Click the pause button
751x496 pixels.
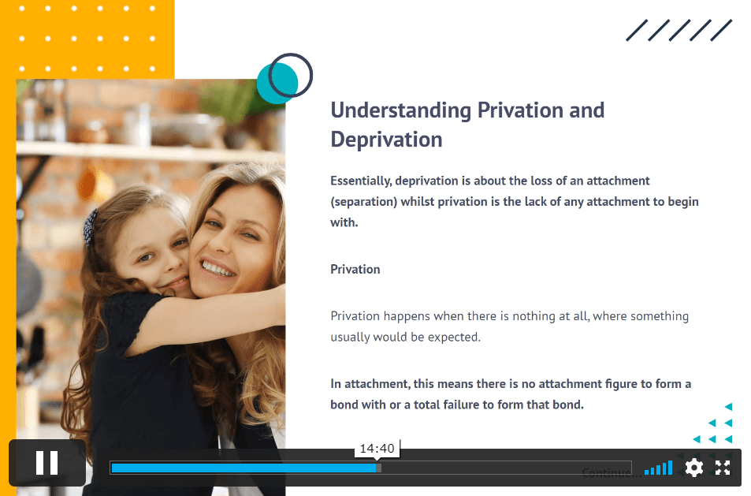coord(47,462)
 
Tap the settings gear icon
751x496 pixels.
coord(694,468)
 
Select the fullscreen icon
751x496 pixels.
coord(723,468)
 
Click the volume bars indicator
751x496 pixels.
coord(659,468)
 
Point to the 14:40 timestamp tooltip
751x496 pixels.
coord(377,449)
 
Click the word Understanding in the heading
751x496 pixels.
coord(401,110)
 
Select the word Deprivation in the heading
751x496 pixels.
coord(386,140)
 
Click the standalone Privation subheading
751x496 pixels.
coord(355,270)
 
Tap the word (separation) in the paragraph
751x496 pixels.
coord(364,202)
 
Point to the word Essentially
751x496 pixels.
coord(361,181)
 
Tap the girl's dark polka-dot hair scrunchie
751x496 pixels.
coord(90,228)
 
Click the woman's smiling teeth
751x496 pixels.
coord(218,267)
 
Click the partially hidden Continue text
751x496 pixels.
coord(612,473)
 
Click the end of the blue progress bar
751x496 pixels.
coord(377,468)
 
